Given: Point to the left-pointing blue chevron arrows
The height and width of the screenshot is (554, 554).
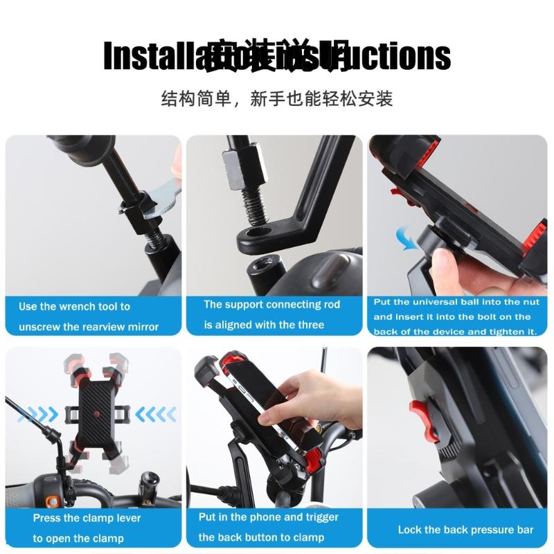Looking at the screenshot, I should (155, 415).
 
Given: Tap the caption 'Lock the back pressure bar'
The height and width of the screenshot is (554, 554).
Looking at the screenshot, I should (465, 530).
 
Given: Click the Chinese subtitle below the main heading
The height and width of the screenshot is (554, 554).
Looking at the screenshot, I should (277, 98).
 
